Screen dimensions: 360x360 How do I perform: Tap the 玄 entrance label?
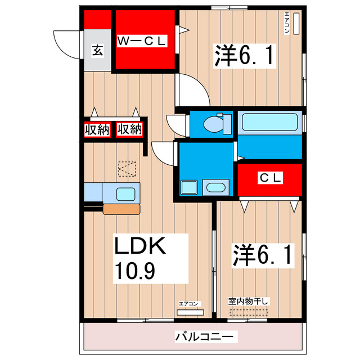(97, 51)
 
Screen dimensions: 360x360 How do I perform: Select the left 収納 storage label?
(96, 129)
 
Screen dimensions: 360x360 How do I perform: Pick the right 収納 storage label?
(129, 129)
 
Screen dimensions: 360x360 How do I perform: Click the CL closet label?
(270, 178)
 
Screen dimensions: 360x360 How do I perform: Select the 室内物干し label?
(249, 301)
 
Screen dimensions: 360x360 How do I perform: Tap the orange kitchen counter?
(121, 209)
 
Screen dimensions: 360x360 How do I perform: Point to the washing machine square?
(188, 187)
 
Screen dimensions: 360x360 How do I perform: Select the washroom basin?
(215, 187)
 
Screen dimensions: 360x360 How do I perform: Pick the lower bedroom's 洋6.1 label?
(263, 256)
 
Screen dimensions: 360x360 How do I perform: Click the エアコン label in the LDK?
(188, 304)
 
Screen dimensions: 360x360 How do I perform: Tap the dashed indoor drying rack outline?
(249, 311)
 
